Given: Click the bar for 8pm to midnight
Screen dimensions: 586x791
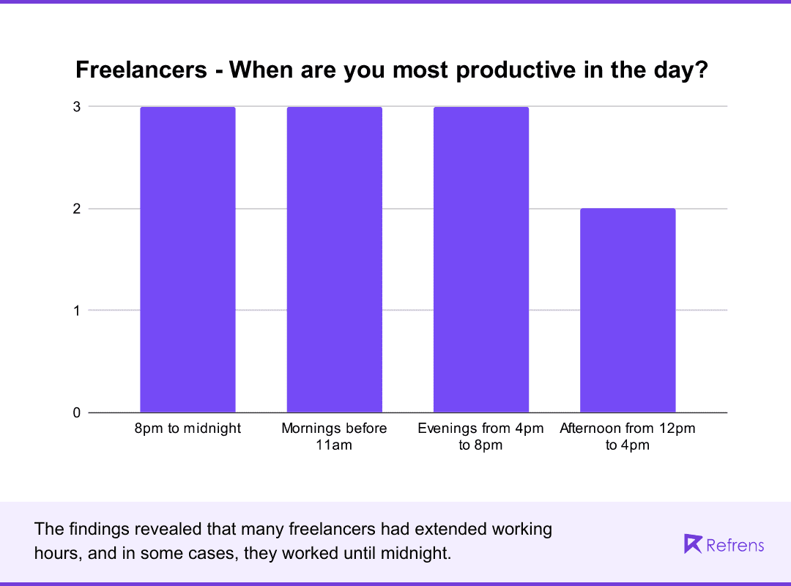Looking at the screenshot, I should [x=187, y=259].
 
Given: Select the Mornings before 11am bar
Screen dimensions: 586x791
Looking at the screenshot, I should [x=334, y=259].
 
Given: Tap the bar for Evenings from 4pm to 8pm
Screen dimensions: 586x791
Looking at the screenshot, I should [x=480, y=259].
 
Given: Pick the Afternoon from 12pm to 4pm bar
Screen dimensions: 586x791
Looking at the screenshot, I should [x=628, y=311].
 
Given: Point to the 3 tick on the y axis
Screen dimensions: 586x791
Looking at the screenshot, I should [x=76, y=107].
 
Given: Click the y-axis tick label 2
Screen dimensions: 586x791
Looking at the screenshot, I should [x=76, y=209].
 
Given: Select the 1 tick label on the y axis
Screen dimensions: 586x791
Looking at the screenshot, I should [x=76, y=311].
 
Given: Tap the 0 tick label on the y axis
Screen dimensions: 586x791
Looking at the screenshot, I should [x=76, y=412].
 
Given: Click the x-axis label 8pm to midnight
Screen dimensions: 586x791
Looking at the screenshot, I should [x=187, y=429].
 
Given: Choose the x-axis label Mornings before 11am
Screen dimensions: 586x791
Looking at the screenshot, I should [x=334, y=437].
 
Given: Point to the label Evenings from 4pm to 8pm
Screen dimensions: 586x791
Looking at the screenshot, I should [x=480, y=437].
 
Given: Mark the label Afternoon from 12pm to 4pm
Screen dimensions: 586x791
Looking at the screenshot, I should [x=628, y=437].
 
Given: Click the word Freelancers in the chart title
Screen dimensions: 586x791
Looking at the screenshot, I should [x=141, y=70].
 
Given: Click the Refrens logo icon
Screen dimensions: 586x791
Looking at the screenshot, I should [x=692, y=544].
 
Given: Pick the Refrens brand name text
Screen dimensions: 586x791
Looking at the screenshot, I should [x=735, y=545].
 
